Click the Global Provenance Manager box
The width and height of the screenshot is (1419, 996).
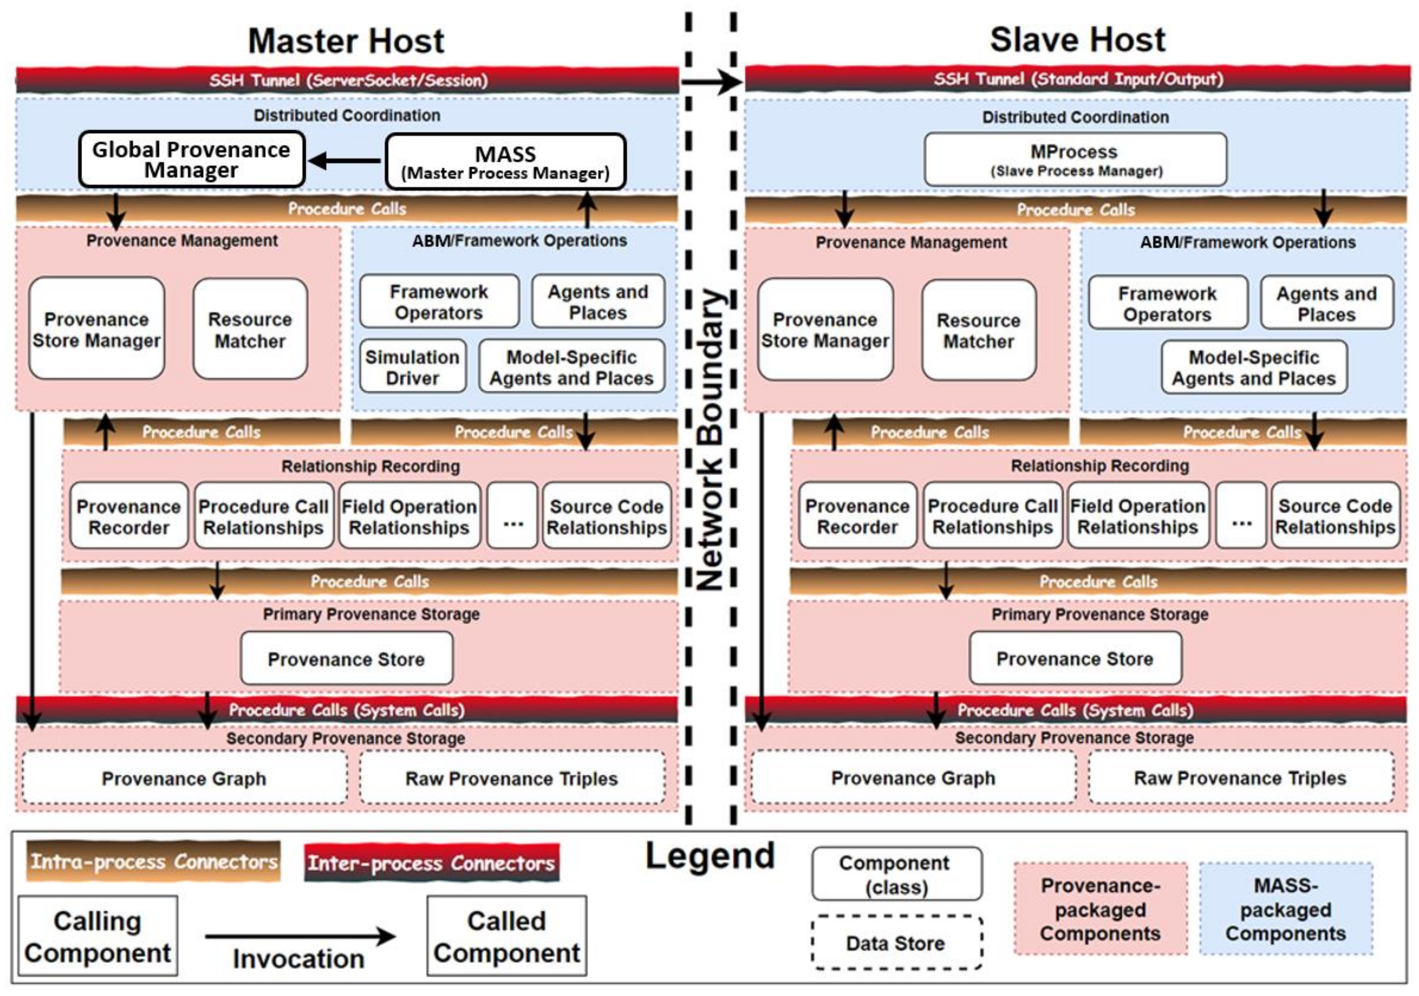point(191,159)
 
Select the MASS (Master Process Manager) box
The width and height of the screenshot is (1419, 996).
point(505,162)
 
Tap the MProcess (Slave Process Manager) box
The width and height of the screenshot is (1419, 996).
point(1076,159)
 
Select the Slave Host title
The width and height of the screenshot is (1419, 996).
point(1077,40)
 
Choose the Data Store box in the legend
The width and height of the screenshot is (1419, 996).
point(896,943)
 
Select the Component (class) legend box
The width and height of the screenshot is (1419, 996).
point(896,874)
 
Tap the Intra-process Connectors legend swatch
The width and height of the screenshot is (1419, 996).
point(153,861)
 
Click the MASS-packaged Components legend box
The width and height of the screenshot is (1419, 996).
point(1286,909)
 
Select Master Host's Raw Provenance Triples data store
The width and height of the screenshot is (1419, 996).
point(512,779)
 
